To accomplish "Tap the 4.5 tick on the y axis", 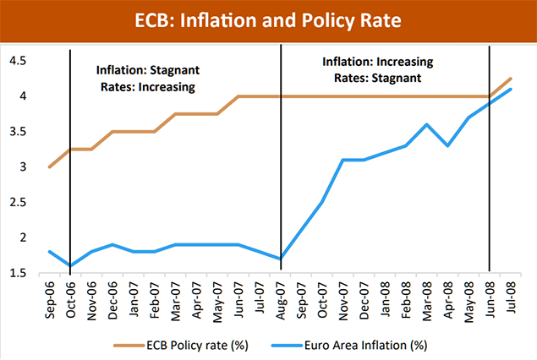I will coord(17,61).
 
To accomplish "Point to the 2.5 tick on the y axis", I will coord(17,202).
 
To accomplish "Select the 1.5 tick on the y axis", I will coord(17,272).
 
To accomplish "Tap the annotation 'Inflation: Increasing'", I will coord(378,62).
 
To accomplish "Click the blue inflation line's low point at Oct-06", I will coord(70,265).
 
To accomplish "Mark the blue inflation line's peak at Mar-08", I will coord(426,124).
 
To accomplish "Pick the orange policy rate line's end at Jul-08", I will coord(510,79).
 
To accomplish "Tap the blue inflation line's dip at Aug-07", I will coord(280,259).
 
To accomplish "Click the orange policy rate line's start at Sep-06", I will coord(50,166).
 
